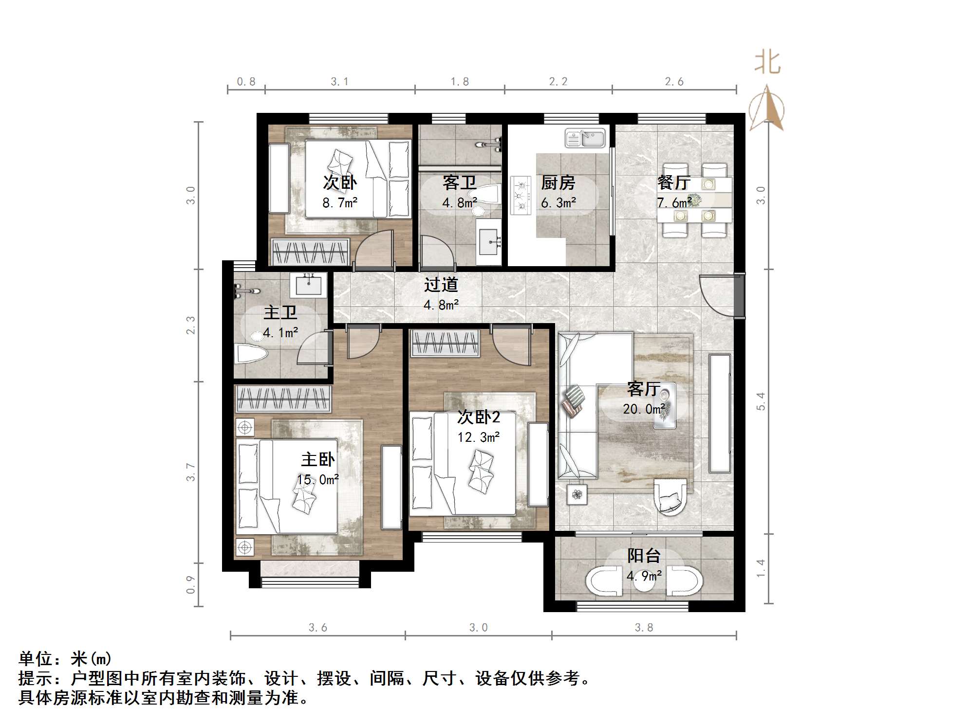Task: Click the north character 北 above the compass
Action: pyautogui.click(x=767, y=63)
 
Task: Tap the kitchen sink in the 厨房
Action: pyautogui.click(x=585, y=138)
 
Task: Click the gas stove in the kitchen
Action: pyautogui.click(x=521, y=195)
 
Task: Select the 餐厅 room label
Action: pyautogui.click(x=674, y=182)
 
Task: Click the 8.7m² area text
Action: pyautogui.click(x=340, y=203)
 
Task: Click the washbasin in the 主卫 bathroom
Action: pyautogui.click(x=308, y=285)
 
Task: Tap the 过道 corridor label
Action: pyautogui.click(x=441, y=285)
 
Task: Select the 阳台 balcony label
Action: pyautogui.click(x=644, y=556)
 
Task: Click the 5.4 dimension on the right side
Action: pyautogui.click(x=761, y=401)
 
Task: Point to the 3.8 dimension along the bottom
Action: pyautogui.click(x=644, y=628)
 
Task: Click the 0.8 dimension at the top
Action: pyautogui.click(x=246, y=82)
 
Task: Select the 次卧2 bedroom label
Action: pyautogui.click(x=479, y=417)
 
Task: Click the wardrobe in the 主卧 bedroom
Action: pyautogui.click(x=283, y=399)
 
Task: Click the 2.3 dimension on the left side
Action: pyautogui.click(x=191, y=325)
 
